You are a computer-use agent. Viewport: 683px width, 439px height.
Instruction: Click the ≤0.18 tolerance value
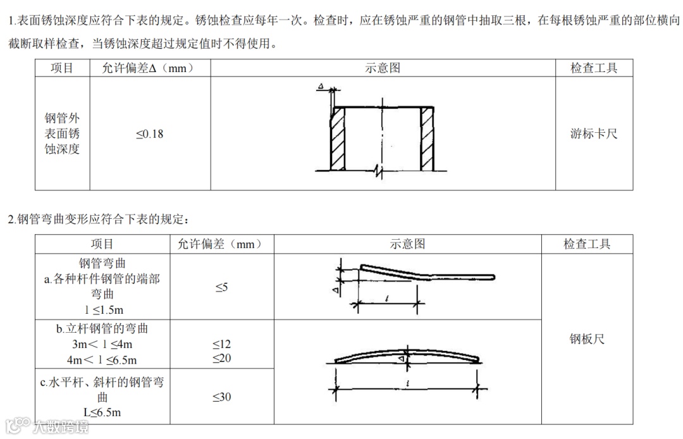click(149, 134)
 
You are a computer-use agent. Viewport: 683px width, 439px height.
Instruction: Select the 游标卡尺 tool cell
click(594, 133)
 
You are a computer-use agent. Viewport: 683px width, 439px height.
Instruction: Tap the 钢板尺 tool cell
click(587, 339)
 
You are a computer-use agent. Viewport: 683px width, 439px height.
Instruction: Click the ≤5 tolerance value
click(221, 287)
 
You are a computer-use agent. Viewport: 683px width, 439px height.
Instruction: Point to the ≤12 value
click(221, 344)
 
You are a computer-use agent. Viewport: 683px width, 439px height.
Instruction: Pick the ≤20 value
click(221, 359)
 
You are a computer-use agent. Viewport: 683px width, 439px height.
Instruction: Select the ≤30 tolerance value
click(221, 397)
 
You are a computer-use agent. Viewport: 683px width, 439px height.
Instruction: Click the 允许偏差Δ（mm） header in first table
click(148, 68)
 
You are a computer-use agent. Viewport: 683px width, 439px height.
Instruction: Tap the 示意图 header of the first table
click(383, 68)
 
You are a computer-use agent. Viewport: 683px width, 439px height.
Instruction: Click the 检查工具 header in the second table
click(587, 244)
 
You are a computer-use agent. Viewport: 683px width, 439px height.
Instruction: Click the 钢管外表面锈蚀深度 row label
click(62, 134)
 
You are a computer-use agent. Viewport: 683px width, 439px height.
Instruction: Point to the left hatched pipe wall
click(336, 138)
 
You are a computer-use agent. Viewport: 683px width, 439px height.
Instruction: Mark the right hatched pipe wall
click(427, 138)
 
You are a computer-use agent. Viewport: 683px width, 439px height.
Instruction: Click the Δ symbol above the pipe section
click(321, 86)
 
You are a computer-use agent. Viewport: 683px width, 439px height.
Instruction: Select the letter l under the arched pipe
click(411, 383)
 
